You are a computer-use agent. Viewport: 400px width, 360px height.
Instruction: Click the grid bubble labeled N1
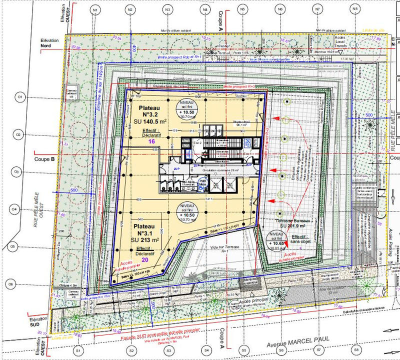tap(94, 9)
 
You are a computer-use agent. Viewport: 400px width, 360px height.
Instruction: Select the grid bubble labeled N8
tap(354, 9)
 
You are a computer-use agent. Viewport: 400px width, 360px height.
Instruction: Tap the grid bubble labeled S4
tap(205, 351)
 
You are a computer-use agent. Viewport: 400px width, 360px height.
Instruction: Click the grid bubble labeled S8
tap(356, 351)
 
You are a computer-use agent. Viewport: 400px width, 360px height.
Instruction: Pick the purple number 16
tap(151, 142)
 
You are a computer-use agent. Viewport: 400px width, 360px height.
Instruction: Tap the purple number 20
tap(145, 260)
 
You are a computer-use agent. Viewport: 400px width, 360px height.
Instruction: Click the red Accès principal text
tap(253, 300)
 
